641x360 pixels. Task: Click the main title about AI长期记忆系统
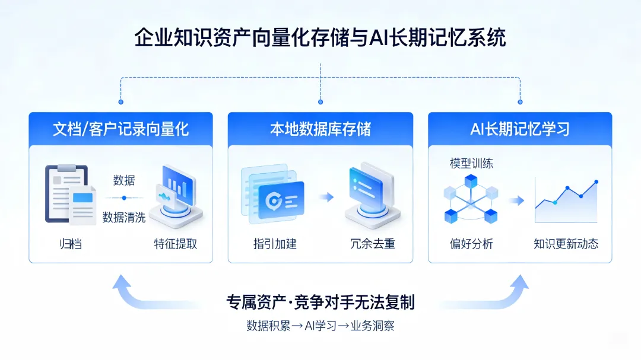320,39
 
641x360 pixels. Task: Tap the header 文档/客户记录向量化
120,129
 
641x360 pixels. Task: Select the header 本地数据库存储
320,129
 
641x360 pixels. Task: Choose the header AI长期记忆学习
520,129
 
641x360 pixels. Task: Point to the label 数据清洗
124,217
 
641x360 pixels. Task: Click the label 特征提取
176,244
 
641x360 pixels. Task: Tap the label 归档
70,244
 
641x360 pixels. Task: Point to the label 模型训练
471,164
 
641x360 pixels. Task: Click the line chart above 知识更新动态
566,200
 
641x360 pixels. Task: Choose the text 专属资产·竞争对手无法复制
320,302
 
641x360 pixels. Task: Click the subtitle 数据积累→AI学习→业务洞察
320,326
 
